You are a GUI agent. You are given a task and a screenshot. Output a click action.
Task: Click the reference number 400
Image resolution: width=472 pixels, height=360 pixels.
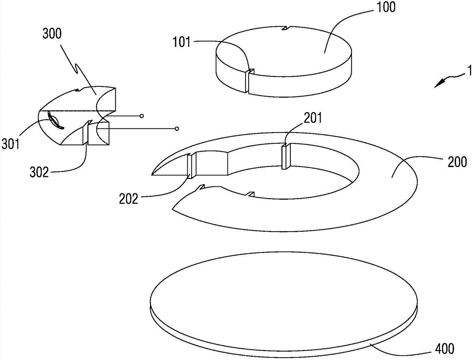[445, 349]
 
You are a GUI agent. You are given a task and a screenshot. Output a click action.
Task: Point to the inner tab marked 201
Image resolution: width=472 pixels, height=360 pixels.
[286, 157]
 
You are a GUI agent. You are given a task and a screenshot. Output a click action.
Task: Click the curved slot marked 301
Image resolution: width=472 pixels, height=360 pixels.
[56, 120]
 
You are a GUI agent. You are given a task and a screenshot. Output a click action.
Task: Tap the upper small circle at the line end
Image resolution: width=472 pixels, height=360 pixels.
[141, 116]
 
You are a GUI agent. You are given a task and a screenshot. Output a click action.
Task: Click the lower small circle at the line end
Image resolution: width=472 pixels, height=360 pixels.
[177, 128]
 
